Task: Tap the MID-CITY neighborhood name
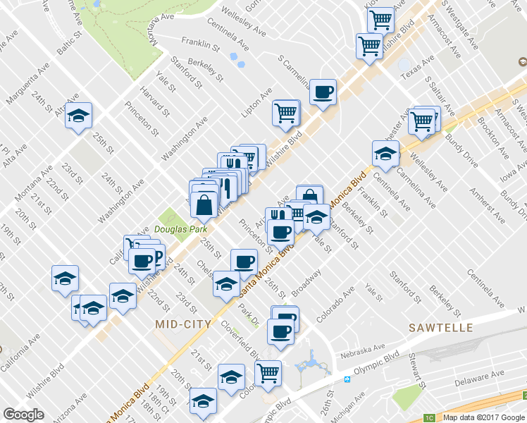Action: click(182, 324)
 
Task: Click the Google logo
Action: click(24, 414)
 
